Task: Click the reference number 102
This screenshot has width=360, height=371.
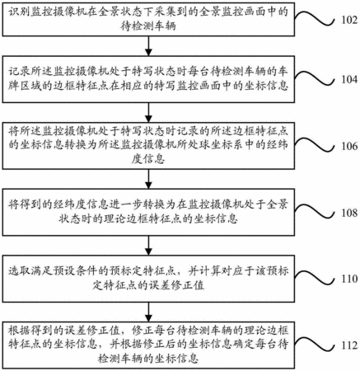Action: point(349,20)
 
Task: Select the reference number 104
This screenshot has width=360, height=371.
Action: point(349,79)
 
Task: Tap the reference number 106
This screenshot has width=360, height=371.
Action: point(349,146)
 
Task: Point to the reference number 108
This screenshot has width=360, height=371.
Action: point(349,213)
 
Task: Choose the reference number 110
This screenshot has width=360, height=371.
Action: point(349,279)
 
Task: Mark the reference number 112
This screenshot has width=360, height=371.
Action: point(349,345)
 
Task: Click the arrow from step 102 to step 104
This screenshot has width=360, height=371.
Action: point(148,46)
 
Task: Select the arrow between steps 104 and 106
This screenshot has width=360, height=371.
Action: point(148,113)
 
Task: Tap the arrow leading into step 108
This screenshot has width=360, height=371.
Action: point(148,179)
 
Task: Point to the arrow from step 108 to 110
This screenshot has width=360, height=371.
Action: point(148,246)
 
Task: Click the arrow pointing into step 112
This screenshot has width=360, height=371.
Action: point(148,312)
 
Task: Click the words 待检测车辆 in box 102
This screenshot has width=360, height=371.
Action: point(148,26)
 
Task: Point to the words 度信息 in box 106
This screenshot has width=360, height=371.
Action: point(148,159)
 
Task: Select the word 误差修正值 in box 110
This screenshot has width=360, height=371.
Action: point(176,285)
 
